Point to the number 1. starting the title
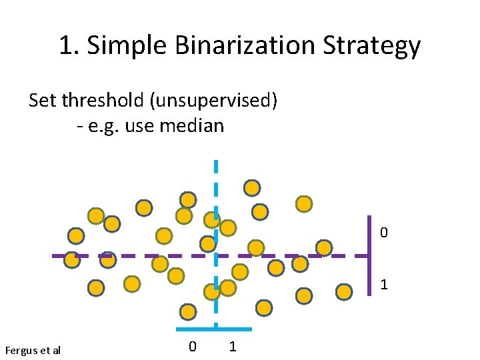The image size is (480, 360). click(69, 46)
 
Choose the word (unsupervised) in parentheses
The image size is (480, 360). click(214, 101)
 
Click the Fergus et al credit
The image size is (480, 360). click(32, 350)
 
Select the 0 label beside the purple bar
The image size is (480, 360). click(384, 233)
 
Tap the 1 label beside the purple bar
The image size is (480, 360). click(384, 285)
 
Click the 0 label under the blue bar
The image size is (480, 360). click(192, 347)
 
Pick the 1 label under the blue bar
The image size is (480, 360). click(232, 347)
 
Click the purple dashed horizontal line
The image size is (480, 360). click(133, 255)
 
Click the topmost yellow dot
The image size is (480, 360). click(251, 188)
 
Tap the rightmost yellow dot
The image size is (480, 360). click(344, 292)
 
